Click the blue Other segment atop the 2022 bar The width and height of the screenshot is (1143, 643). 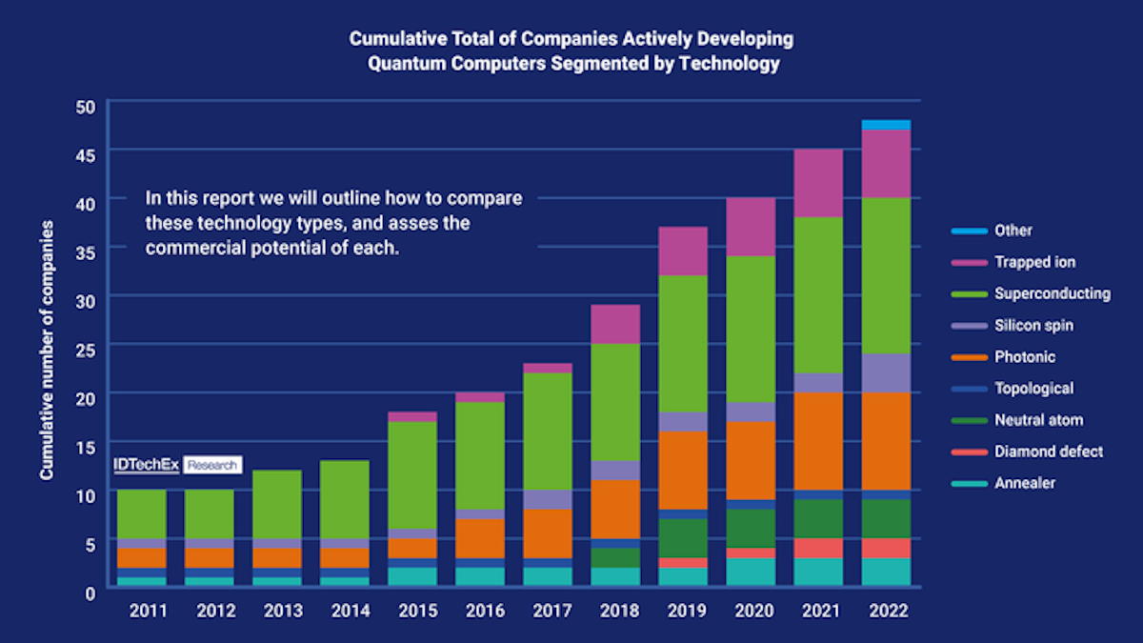pos(886,125)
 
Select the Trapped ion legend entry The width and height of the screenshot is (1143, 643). pos(1034,262)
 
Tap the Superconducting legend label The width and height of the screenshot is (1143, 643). pos(1052,293)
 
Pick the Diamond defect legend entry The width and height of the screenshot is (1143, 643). pos(1048,452)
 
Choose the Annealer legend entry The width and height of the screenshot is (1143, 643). pos(1025,483)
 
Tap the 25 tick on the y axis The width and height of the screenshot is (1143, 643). pos(85,349)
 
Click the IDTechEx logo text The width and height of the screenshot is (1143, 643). pos(146,465)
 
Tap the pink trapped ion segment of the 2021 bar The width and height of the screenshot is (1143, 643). pos(819,183)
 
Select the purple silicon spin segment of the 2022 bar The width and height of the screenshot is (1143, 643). pos(886,373)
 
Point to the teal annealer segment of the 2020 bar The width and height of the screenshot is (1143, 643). pos(752,573)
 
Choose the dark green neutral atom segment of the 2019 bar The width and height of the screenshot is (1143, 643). pos(684,538)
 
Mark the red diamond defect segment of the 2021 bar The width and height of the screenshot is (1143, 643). pos(819,549)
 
